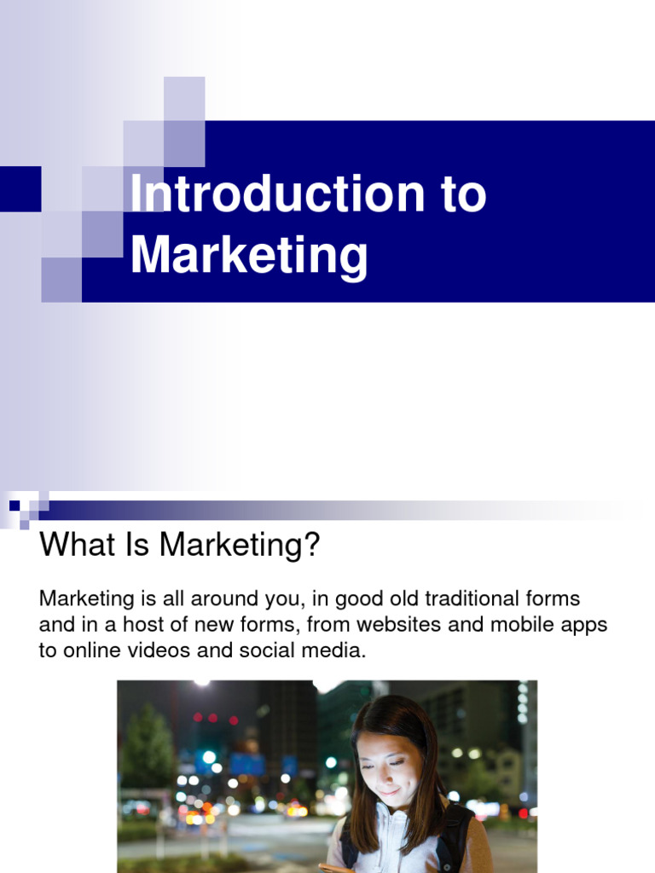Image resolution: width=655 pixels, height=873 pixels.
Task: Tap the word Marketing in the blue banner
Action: click(249, 255)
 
